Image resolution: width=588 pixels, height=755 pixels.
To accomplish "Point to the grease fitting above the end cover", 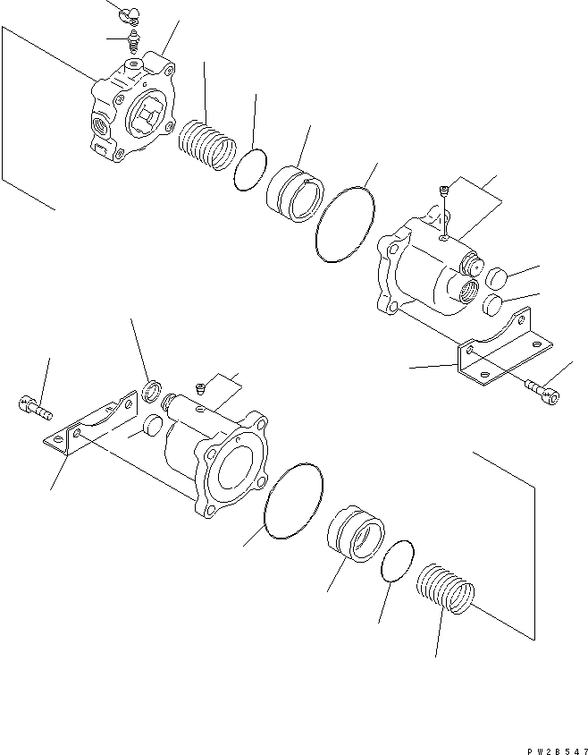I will tap(134, 40).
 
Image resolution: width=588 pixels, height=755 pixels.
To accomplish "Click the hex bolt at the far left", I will tap(35, 409).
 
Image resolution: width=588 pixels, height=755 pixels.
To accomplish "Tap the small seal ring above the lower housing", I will tap(153, 389).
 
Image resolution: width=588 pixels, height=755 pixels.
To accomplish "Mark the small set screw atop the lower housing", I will tap(202, 386).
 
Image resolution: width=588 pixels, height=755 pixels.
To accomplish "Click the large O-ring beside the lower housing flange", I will tap(294, 502).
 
